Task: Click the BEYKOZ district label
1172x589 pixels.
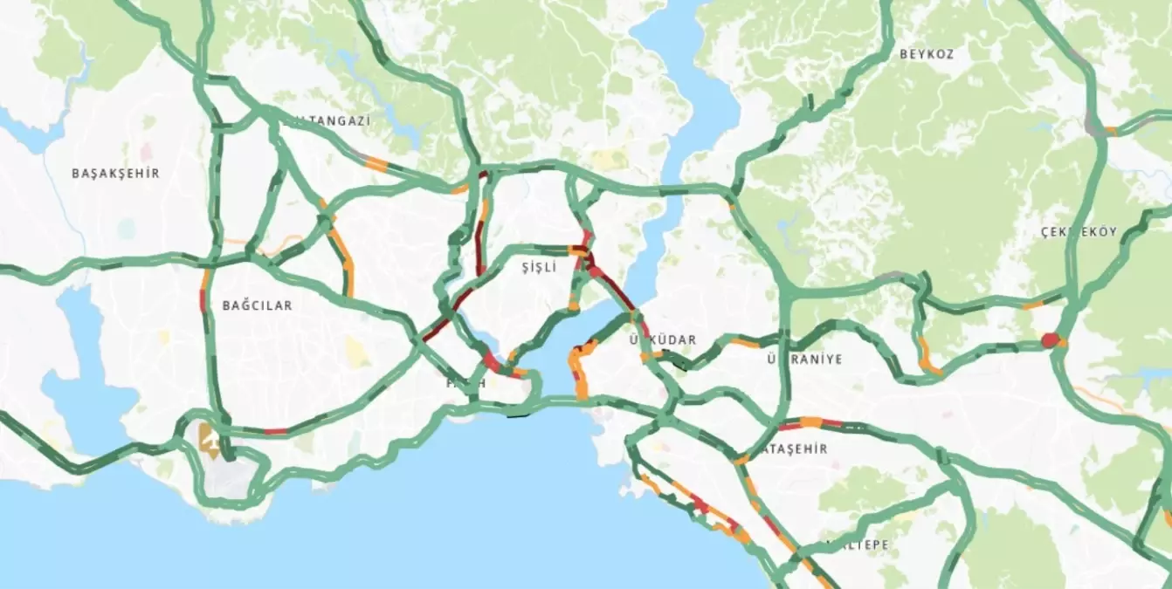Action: (927, 53)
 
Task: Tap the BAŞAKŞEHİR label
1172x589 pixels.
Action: (115, 173)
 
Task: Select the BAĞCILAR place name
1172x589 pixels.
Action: (257, 305)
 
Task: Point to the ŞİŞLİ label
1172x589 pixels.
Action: (538, 268)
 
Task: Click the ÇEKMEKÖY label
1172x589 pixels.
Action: (1079, 231)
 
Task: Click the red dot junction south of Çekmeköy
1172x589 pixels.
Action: (1050, 340)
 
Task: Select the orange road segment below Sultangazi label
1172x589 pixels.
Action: (376, 162)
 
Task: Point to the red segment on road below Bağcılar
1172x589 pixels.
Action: (275, 431)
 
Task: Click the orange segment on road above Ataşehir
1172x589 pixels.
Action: (811, 422)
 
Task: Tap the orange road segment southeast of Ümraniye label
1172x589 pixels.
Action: (927, 359)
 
